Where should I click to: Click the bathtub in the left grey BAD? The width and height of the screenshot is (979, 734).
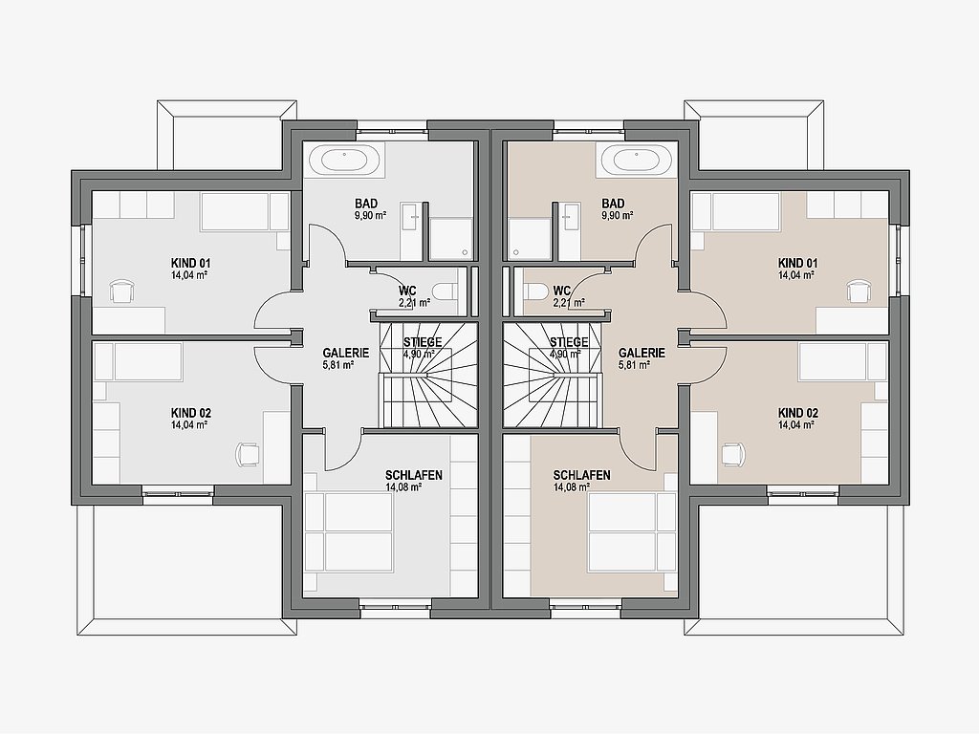350,160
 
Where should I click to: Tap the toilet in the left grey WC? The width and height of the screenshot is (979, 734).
445,291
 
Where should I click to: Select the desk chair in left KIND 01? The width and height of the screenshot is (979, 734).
122,291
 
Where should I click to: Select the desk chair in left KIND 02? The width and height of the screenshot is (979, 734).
248,454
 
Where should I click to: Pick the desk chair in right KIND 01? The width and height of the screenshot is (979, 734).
858,291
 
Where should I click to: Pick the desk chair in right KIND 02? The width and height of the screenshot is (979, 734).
732,454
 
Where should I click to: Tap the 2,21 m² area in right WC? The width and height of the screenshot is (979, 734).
569,303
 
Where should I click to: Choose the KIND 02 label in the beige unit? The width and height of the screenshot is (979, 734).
798,413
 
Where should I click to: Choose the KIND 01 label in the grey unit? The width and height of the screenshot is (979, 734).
191,264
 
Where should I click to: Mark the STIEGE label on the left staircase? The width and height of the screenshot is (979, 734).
423,342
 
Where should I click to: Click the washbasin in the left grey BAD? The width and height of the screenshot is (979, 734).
411,219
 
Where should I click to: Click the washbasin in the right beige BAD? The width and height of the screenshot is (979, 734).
569,219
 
